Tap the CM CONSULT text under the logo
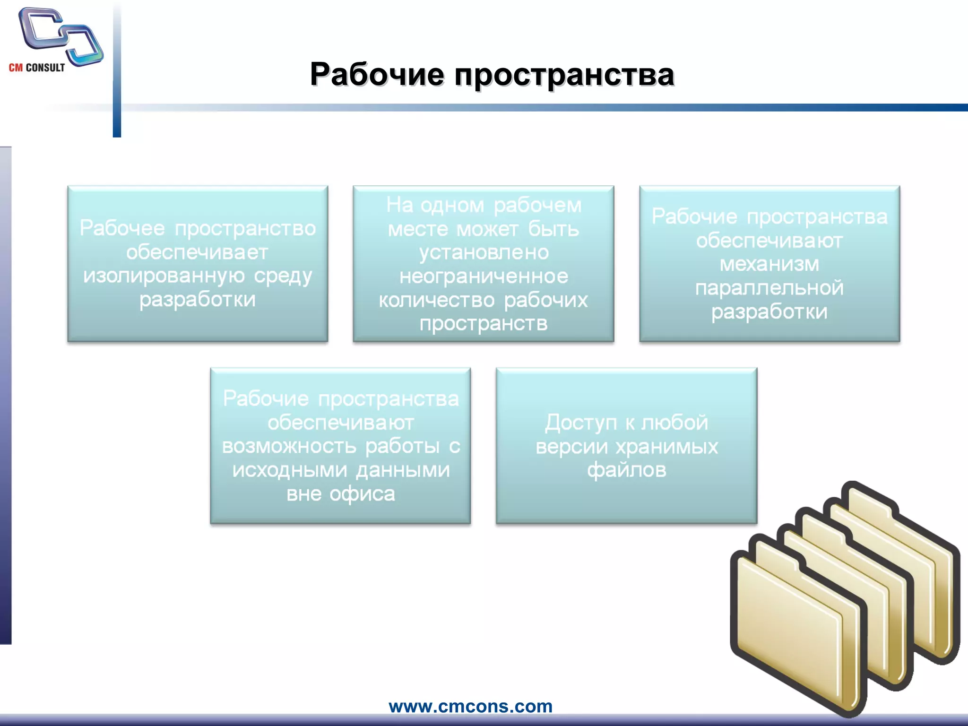[37, 68]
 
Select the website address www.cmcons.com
[470, 706]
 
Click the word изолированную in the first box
[164, 276]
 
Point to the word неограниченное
[484, 276]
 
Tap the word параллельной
[769, 288]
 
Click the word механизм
[769, 264]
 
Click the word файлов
[626, 470]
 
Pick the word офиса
[362, 494]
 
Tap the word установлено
[484, 252]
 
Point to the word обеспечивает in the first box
[197, 252]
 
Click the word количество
[436, 300]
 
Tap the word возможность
[289, 446]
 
